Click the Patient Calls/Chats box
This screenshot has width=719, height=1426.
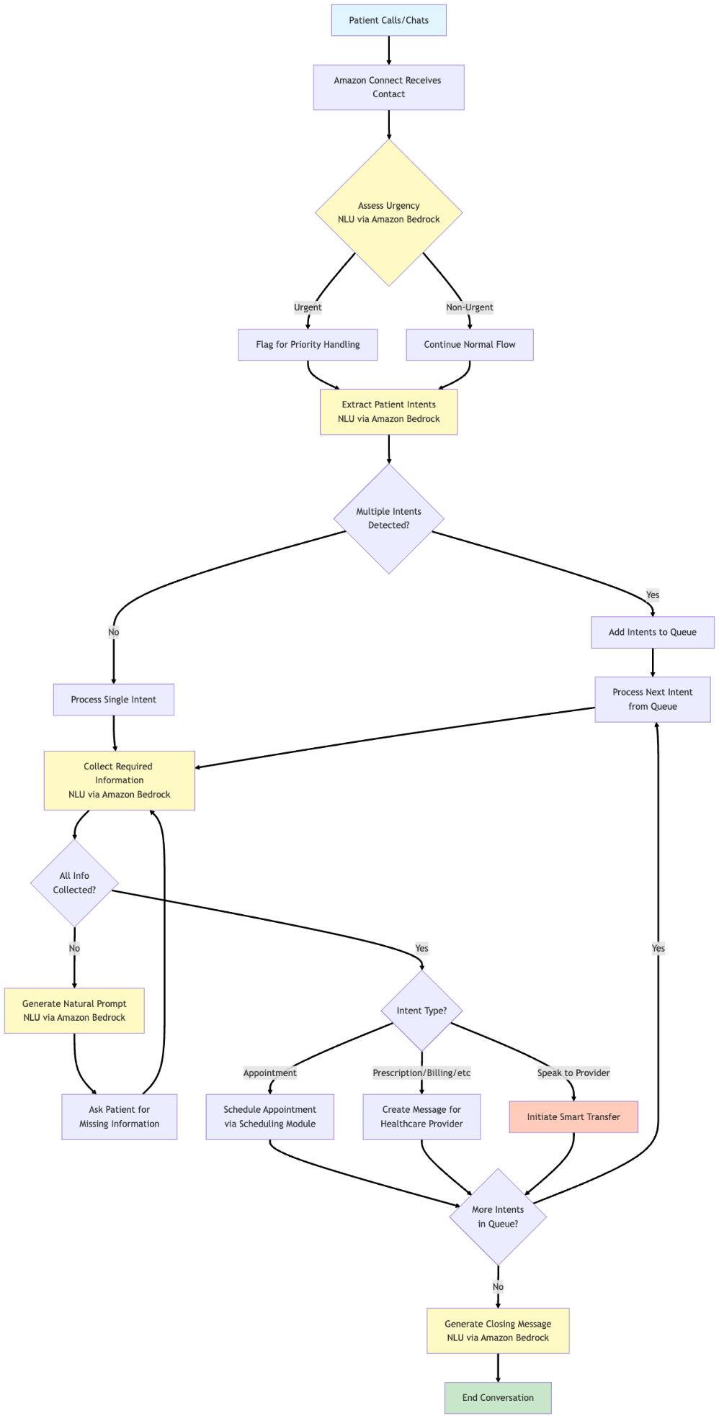coord(388,20)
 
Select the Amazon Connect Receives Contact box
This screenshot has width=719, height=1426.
coord(388,87)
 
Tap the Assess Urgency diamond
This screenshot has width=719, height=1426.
coord(388,212)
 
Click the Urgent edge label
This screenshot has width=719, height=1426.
coord(308,307)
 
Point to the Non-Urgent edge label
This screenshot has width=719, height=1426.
coord(470,307)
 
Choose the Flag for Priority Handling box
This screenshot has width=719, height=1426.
coord(308,345)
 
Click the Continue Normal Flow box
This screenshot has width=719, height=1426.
coord(470,345)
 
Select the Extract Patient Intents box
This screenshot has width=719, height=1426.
coord(388,412)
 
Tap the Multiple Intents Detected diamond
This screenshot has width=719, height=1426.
coord(388,518)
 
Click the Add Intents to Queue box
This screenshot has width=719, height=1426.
coord(653,632)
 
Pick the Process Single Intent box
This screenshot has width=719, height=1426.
coord(114,700)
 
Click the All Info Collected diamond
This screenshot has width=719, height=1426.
coord(74,883)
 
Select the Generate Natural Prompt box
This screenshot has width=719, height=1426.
coord(74,1011)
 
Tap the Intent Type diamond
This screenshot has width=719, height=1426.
coord(421,1011)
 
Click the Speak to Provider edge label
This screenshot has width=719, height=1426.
coord(573,1073)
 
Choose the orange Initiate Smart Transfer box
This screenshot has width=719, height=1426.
coord(573,1117)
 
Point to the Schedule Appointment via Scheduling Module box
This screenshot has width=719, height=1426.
coord(270,1116)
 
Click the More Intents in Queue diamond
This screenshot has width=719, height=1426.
coord(498,1217)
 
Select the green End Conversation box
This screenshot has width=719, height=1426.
coord(498,1397)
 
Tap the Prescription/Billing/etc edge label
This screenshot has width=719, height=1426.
coord(421,1073)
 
